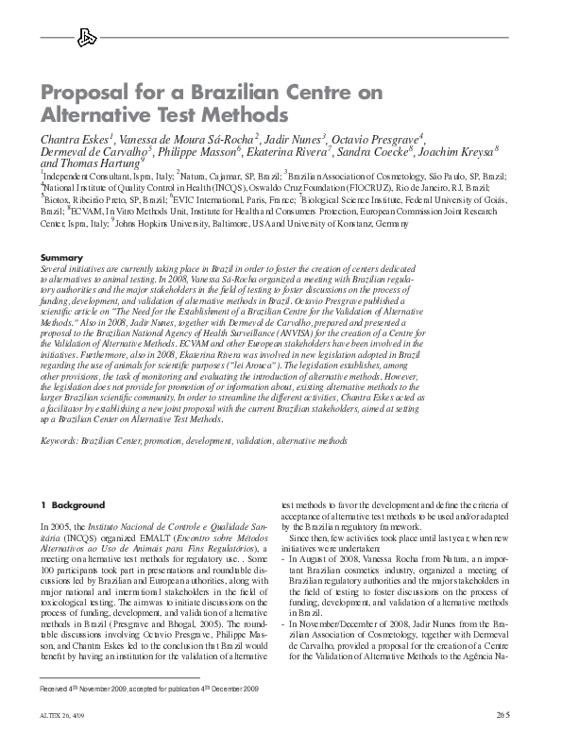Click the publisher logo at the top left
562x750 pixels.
point(87,38)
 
